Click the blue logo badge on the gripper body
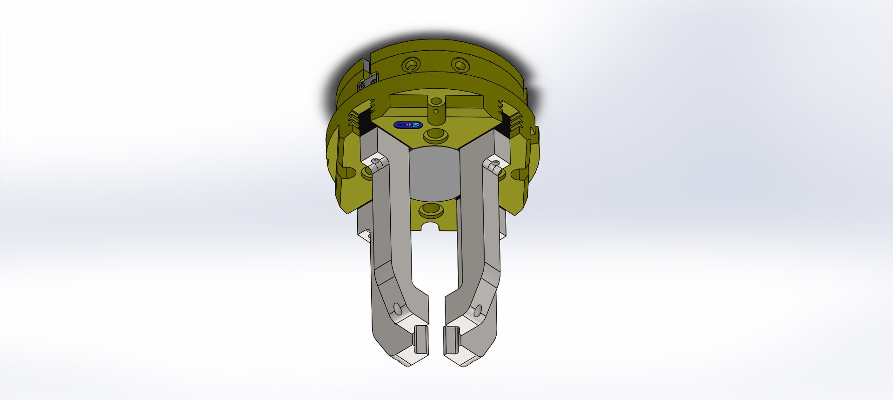(407, 125)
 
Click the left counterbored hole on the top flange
(411, 64)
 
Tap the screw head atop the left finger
(376, 161)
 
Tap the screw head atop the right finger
(496, 163)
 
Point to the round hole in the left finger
(397, 308)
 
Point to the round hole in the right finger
(477, 310)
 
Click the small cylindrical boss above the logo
(436, 111)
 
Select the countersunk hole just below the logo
(435, 136)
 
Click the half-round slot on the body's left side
(347, 172)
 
